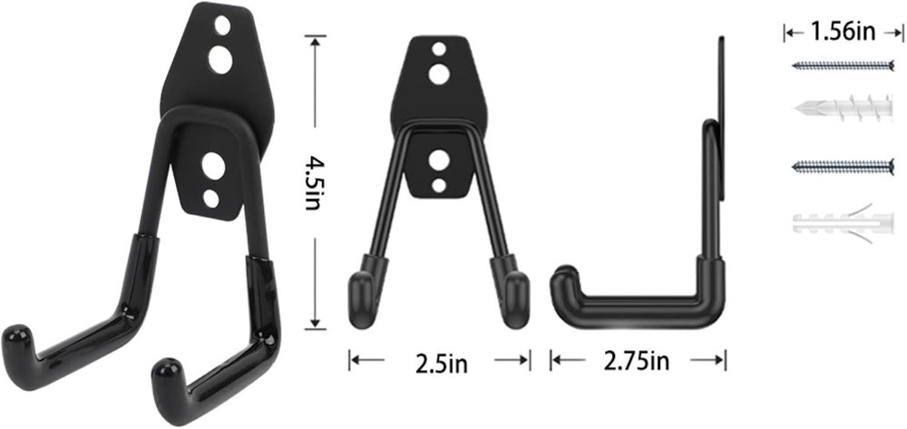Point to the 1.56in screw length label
[844, 34]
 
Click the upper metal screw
[844, 65]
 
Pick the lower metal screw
[844, 165]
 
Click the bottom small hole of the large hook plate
[211, 195]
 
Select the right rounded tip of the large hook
[165, 374]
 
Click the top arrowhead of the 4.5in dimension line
[315, 39]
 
